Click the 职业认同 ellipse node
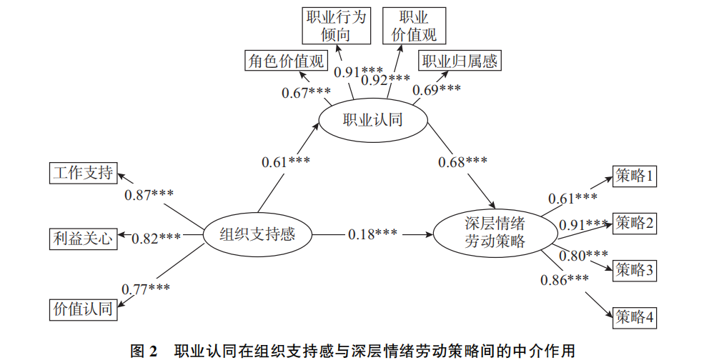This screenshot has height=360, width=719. pyautogui.click(x=373, y=120)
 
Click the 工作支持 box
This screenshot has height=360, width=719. pyautogui.click(x=83, y=173)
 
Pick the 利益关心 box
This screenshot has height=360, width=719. pyautogui.click(x=83, y=238)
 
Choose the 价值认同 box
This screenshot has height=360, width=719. pyautogui.click(x=83, y=309)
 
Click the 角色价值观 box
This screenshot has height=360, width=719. pyautogui.click(x=285, y=61)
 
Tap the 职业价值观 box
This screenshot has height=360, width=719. pyautogui.click(x=414, y=25)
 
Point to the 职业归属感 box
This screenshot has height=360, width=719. pyautogui.click(x=459, y=61)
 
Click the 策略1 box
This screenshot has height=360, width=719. pyautogui.click(x=635, y=176)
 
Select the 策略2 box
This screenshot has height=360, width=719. pyautogui.click(x=635, y=223)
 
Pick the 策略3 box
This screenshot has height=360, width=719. pyautogui.click(x=635, y=269)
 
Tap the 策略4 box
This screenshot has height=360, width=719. pyautogui.click(x=635, y=316)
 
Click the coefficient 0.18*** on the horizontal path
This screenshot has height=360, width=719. pyautogui.click(x=372, y=234)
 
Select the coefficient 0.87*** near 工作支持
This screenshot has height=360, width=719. pyautogui.click(x=149, y=195)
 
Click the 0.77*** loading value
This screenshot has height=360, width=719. pyautogui.click(x=146, y=289)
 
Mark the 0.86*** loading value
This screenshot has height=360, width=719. pyautogui.click(x=565, y=279)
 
